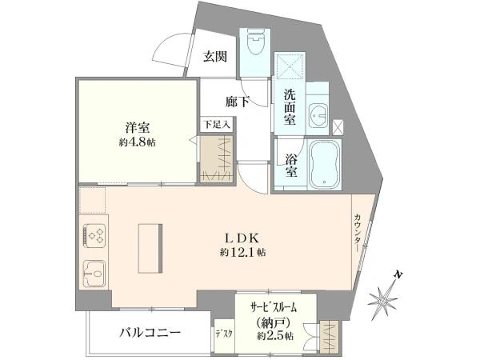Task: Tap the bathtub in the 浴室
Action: tap(325, 164)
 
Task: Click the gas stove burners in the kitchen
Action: tap(94, 234)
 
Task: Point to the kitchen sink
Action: tap(94, 274)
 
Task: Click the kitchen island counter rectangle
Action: tap(150, 248)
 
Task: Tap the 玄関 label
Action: tap(215, 57)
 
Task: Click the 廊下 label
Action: tap(237, 102)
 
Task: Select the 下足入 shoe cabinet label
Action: tap(217, 125)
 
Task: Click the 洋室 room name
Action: tap(138, 127)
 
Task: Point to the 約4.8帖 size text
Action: tap(137, 142)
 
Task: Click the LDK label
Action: tap(242, 238)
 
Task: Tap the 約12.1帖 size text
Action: tap(242, 253)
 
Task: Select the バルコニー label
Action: tap(150, 333)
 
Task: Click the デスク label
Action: tap(224, 333)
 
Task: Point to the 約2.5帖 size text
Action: tap(275, 337)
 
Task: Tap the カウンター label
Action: tap(358, 234)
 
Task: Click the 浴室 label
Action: tap(291, 166)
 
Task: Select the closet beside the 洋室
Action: tap(217, 159)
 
